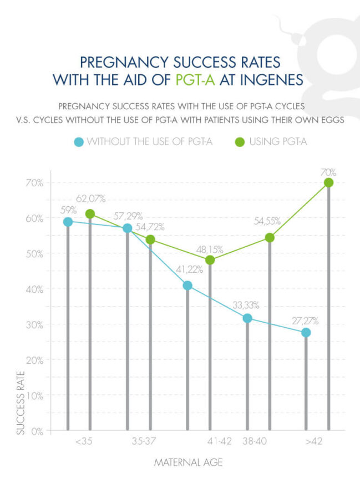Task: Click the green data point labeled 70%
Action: pos(328,182)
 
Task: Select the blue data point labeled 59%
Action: pos(68,222)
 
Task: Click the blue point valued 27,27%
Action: pos(306,333)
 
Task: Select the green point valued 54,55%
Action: pos(270,238)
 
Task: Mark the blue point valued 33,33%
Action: pos(247,318)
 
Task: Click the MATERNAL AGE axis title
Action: pos(188,462)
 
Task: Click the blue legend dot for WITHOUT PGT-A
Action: pos(79,142)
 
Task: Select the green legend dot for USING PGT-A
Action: pos(239,142)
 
